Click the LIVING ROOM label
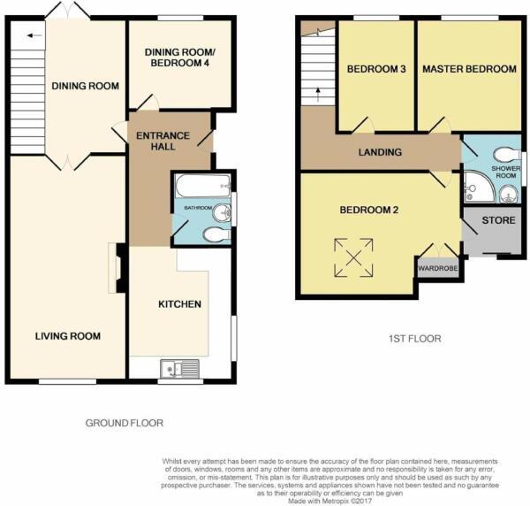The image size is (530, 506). click(x=68, y=336)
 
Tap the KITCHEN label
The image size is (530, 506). click(x=179, y=304)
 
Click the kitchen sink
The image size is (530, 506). click(x=181, y=369)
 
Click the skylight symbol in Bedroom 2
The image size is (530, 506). click(x=353, y=258)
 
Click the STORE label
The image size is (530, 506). click(x=492, y=220)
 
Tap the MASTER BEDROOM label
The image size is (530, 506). click(x=468, y=69)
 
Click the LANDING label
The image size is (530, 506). click(x=382, y=152)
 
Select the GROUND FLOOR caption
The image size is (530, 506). click(x=124, y=424)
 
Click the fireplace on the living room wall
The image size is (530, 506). click(x=114, y=268)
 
